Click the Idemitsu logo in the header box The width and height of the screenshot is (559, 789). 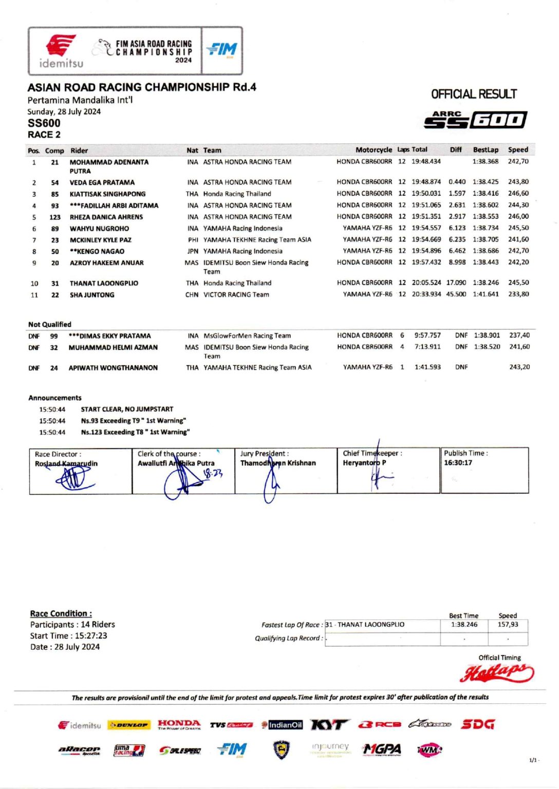[61, 51]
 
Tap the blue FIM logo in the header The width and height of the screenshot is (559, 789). [222, 49]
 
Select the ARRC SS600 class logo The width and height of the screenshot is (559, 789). [475, 119]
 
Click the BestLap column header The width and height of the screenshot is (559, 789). [486, 150]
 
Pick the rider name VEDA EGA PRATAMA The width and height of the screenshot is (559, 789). [102, 182]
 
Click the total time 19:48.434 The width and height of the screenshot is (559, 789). [426, 161]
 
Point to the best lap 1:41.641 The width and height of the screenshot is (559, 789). [486, 294]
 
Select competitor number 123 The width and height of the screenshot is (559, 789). [55, 217]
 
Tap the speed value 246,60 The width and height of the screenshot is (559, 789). [518, 194]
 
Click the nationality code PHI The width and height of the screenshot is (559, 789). [193, 240]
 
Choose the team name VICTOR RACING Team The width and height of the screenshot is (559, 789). [236, 295]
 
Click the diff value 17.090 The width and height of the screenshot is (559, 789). [456, 283]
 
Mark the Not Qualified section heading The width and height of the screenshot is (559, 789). [50, 325]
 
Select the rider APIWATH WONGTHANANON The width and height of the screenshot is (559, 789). [113, 368]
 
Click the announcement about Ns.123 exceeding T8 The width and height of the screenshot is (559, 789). [135, 433]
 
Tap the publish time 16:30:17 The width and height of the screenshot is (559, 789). [458, 463]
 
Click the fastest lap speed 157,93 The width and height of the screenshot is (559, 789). [508, 625]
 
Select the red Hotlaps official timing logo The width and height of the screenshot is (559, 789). [496, 672]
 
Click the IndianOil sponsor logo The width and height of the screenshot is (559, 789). [282, 725]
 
